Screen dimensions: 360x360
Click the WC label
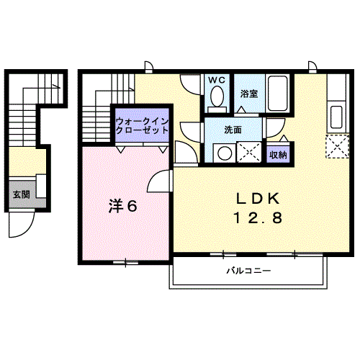pos(217,80)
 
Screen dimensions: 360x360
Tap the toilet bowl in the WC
pos(217,96)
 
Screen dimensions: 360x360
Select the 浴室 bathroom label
pos(249,94)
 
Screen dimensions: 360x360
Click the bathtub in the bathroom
pos(277,94)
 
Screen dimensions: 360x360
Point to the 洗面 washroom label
pos(233,130)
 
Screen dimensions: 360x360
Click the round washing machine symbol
pos(225,153)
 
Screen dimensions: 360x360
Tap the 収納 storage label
pos(278,155)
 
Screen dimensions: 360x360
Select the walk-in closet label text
pos(142,126)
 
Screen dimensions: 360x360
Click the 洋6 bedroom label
pos(123,206)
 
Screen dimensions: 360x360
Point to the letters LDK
pos(258,199)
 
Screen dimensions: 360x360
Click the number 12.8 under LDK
pos(258,218)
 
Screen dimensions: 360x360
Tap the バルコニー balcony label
pos(249,271)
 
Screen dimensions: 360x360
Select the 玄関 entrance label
pos(22,194)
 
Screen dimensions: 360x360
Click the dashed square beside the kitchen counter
pos(337,146)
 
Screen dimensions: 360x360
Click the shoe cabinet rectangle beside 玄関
pos(41,186)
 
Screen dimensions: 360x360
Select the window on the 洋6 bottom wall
pos(126,262)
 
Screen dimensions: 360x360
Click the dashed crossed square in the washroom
pos(248,152)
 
